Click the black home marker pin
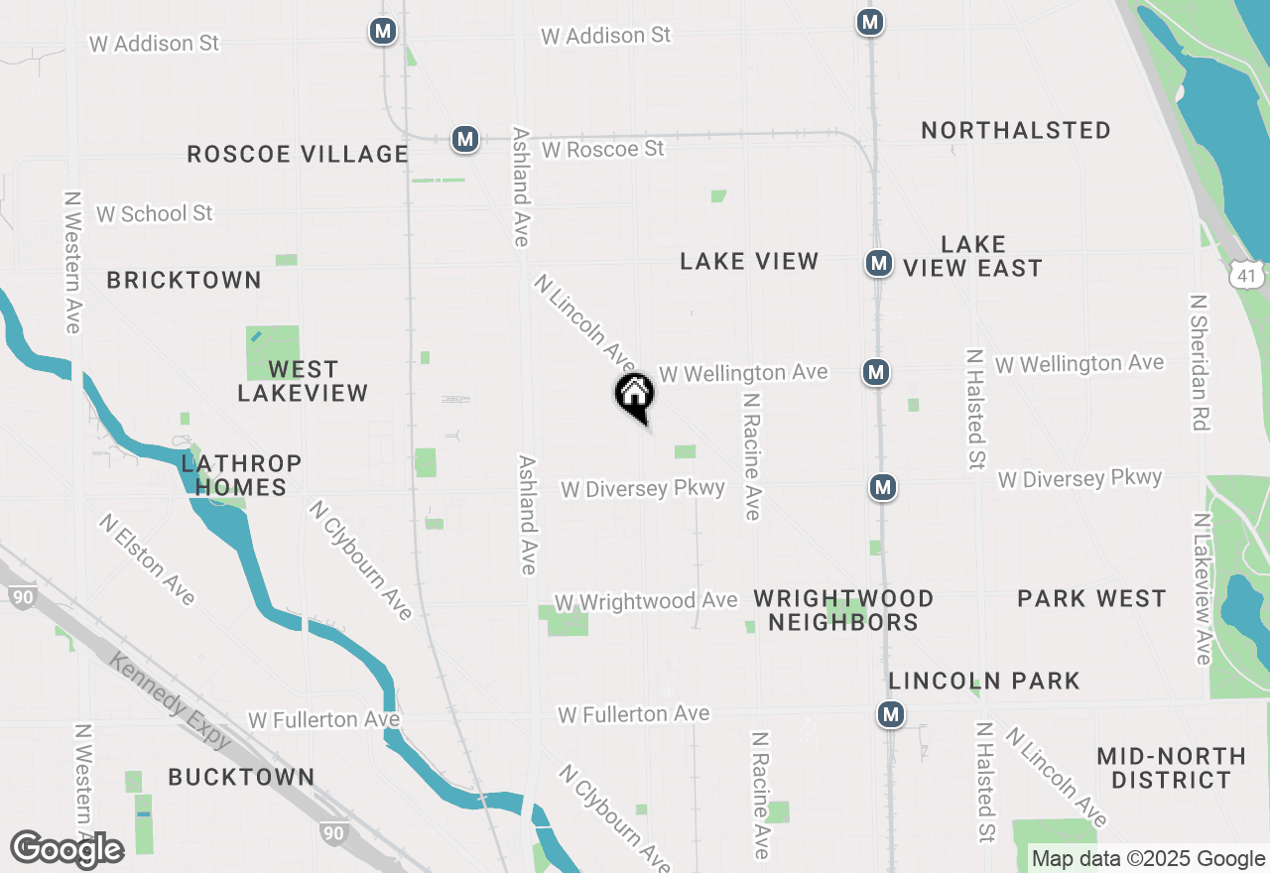635,396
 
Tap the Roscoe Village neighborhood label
298,154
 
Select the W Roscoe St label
602,149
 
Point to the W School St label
154,213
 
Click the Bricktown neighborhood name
185,281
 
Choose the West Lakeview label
303,381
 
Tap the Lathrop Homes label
241,475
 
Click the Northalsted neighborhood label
1016,130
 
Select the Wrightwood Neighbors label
843,610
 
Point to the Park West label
1091,598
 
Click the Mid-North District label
1171,768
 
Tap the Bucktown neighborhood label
241,777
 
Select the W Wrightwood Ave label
646,601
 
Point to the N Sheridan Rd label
1200,362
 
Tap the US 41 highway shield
1245,275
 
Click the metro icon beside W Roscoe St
465,139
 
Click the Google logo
67,849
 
